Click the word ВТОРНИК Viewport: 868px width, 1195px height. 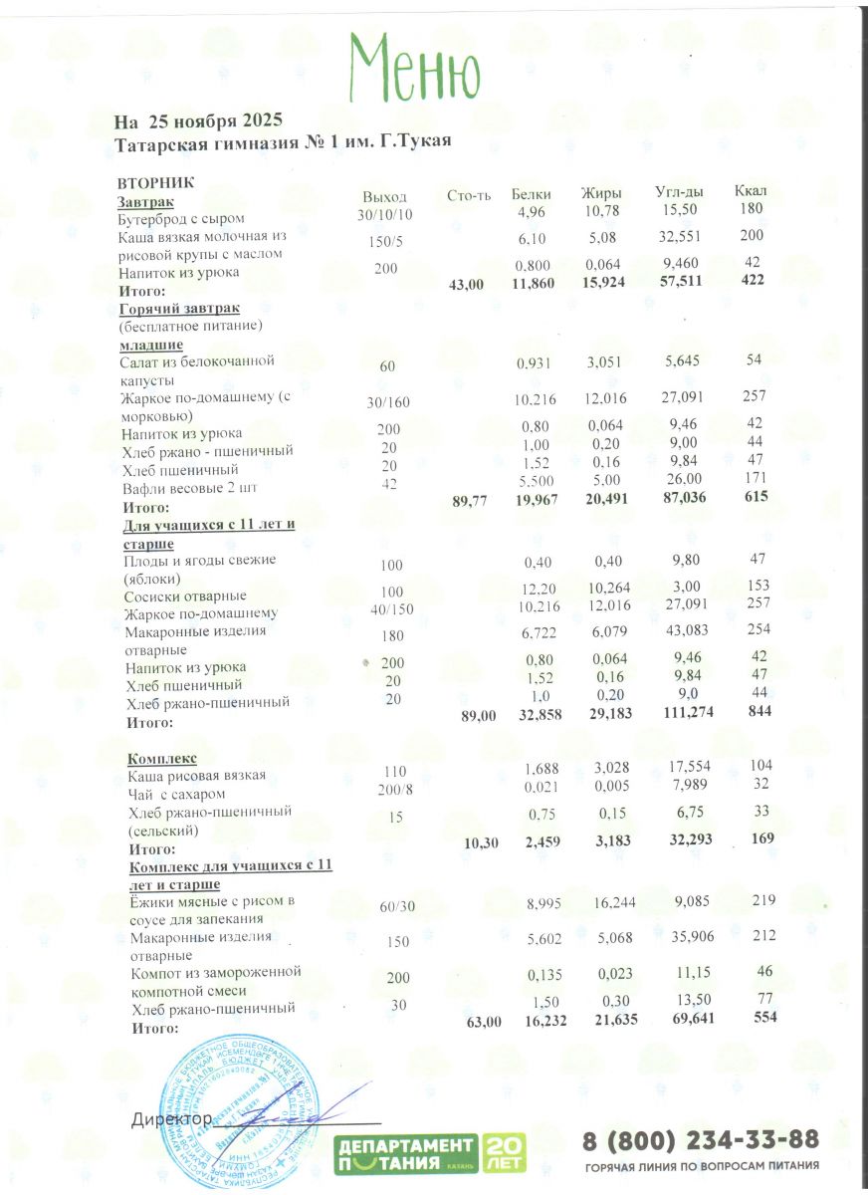(x=155, y=183)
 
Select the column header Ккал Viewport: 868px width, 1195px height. (x=751, y=190)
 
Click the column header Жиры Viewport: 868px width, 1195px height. (x=601, y=193)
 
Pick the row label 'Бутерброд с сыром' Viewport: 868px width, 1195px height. (x=181, y=218)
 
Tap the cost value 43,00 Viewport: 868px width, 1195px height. (x=467, y=285)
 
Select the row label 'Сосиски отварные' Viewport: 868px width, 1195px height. (x=186, y=596)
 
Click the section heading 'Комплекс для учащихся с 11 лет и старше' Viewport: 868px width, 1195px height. (x=231, y=875)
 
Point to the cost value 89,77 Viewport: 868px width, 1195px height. (x=470, y=502)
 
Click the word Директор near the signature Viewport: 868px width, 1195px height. (x=171, y=1119)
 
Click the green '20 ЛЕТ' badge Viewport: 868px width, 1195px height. (x=504, y=1154)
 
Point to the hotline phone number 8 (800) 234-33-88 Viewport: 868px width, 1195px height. (x=701, y=1139)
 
